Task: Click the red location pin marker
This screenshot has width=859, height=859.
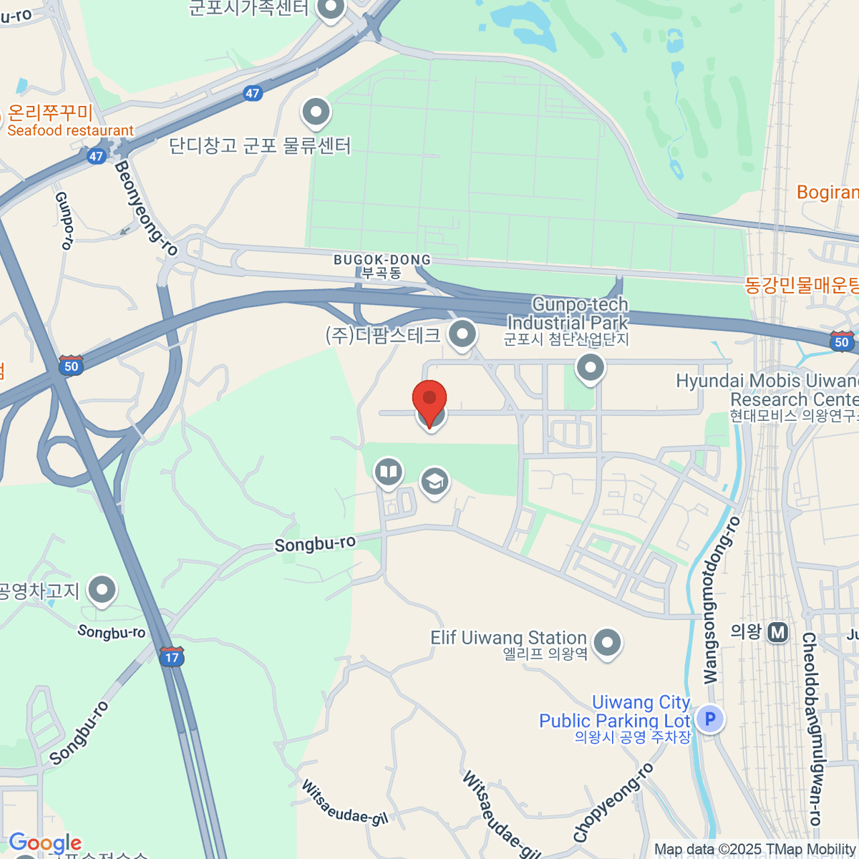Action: (429, 398)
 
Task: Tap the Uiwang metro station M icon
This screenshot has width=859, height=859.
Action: (777, 632)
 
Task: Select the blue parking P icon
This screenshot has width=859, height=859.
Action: (709, 719)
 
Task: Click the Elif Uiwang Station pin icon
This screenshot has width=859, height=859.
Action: (607, 641)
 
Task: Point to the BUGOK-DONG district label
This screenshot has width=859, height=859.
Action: (382, 260)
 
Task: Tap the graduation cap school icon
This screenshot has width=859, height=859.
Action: (435, 481)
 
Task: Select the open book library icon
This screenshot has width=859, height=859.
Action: (388, 472)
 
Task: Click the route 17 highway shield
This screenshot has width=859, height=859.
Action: (172, 656)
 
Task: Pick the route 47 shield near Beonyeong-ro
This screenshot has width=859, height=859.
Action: (97, 156)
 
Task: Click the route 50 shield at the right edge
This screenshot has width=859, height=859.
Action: (841, 341)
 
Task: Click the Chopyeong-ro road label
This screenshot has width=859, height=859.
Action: (613, 802)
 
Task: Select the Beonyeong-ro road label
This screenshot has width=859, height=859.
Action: (146, 208)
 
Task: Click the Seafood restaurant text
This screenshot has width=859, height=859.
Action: (70, 131)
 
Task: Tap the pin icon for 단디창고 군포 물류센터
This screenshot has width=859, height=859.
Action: (316, 112)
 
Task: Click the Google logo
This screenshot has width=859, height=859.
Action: (45, 843)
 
